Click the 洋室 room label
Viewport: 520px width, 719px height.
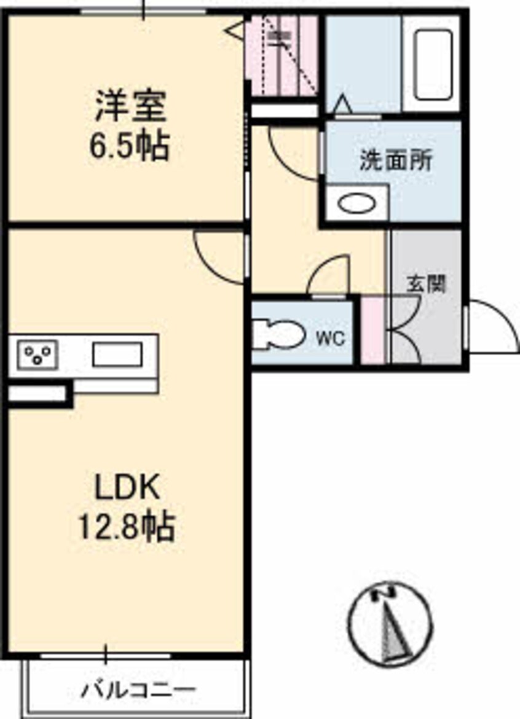[130, 106]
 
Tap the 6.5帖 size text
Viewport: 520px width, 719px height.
[129, 146]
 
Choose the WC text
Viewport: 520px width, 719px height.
[331, 339]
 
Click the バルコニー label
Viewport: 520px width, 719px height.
[138, 689]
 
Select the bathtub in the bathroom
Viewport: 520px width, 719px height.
[433, 64]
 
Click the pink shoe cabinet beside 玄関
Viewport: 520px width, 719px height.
[373, 331]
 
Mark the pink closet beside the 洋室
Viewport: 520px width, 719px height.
[282, 55]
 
